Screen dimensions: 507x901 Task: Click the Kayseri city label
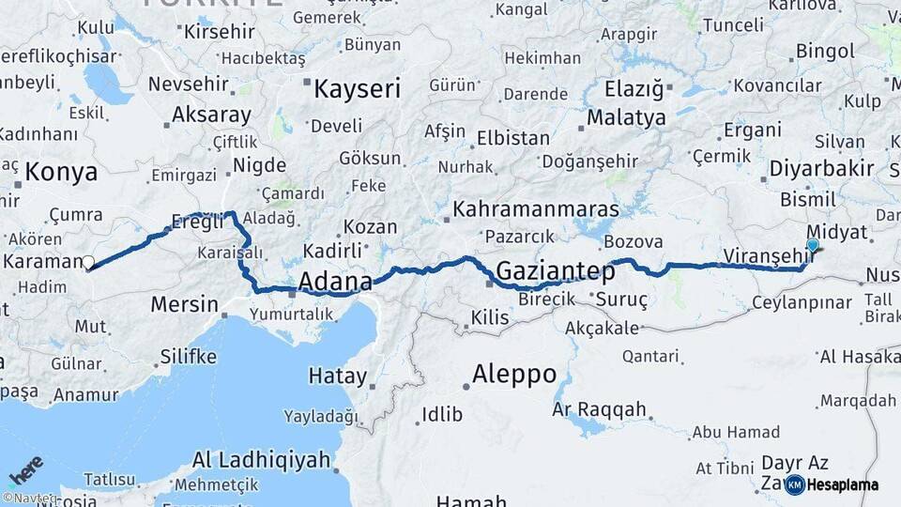coord(357,89)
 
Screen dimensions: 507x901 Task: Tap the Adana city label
coord(335,281)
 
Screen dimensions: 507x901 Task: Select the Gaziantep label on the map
coord(555,272)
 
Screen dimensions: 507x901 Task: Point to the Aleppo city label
coord(513,375)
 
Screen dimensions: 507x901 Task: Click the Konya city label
coord(61,172)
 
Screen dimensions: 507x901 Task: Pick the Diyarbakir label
coord(821,169)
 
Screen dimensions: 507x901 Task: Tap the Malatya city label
coord(626,118)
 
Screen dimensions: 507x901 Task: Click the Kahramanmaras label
coord(536,208)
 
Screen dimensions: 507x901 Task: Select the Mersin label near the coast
coord(185,305)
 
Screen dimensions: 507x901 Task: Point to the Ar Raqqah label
coord(600,409)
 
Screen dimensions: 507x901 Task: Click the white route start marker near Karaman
coord(88,263)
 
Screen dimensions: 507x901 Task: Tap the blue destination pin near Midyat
coord(812,246)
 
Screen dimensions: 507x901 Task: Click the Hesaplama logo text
coord(842,484)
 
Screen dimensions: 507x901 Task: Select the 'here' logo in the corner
coord(25,469)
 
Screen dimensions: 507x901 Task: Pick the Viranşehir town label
coord(769,255)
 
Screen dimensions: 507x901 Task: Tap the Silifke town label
coord(189,357)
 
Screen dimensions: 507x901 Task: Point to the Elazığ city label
coord(633,91)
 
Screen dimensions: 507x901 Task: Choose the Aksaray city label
coord(211,115)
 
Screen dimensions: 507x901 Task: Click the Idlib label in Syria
coord(442,414)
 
